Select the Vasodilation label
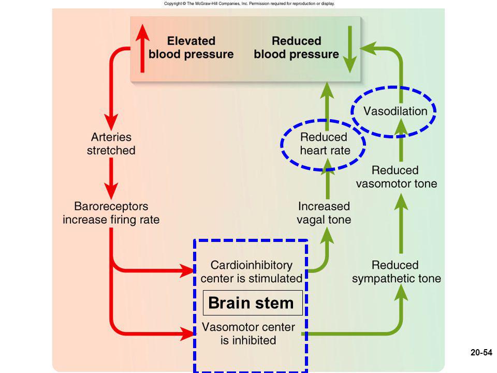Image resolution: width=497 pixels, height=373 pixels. point(395,111)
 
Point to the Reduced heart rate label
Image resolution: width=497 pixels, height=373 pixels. point(325,144)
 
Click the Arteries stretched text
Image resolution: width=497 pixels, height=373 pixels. point(111,144)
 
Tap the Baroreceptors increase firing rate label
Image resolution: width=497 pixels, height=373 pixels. point(111,213)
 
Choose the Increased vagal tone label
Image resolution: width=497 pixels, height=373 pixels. point(324,213)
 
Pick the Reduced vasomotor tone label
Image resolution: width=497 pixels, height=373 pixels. point(396,177)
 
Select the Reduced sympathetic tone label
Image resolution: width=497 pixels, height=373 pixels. point(396,272)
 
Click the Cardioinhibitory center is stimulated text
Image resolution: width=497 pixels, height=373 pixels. point(251,272)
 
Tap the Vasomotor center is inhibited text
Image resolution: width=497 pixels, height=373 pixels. point(248,334)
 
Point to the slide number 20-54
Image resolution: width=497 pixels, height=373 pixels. point(481,352)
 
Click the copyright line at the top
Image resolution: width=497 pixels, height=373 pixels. point(249,4)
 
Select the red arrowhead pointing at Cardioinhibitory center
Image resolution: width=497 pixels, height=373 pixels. point(187,271)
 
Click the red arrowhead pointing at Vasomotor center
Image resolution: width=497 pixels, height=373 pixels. point(187,334)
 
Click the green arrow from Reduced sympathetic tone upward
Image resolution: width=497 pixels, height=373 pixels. point(401,224)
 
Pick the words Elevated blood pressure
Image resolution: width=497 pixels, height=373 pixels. point(191,48)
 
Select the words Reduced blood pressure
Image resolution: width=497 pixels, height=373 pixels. point(296,48)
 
